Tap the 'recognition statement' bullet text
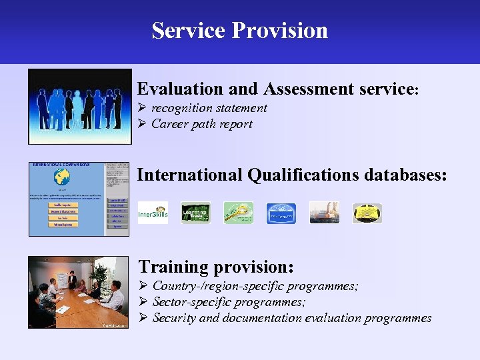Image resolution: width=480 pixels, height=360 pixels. point(209,108)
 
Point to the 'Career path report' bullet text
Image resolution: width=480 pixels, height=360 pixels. point(201,124)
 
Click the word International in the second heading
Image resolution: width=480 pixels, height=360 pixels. point(190,175)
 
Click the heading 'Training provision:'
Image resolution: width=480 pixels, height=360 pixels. point(215,267)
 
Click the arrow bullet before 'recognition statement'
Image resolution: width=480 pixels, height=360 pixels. point(141,108)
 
